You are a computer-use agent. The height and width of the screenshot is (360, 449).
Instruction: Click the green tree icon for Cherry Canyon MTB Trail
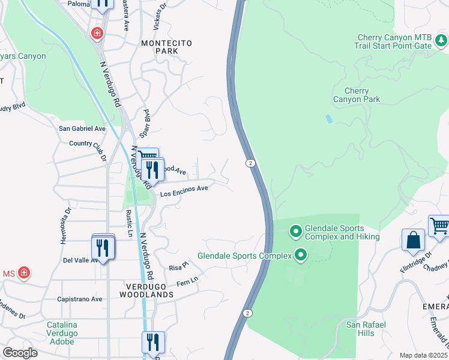coord(441,40)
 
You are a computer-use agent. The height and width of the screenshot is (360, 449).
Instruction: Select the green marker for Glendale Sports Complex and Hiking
coord(295,231)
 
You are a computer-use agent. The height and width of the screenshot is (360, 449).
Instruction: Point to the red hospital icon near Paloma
coord(96,33)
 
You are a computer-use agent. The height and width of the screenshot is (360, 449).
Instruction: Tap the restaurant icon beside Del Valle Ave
coord(103,248)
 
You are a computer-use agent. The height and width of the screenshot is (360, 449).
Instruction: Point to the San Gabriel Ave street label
coord(82,128)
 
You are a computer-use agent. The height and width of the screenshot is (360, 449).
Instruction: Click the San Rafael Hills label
coord(366,329)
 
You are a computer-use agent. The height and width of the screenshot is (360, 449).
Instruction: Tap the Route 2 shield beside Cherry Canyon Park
coord(249,163)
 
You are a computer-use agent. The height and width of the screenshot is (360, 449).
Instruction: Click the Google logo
coord(20,353)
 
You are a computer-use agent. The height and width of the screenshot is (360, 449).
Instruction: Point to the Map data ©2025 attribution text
coord(424,355)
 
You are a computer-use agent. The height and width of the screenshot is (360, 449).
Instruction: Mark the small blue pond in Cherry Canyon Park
coord(328,119)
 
